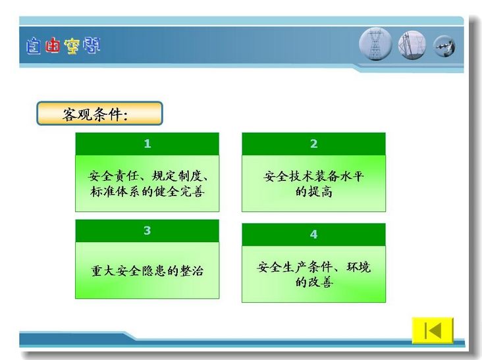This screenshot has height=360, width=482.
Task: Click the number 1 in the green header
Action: [147, 143]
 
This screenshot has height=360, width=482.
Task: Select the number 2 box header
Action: [313, 143]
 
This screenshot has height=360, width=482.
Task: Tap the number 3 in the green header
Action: [147, 230]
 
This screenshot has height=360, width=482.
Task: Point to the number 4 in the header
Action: [313, 234]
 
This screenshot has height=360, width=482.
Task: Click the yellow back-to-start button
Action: [433, 330]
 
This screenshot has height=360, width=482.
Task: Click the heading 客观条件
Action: [95, 115]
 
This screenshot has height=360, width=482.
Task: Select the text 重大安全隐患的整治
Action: [147, 270]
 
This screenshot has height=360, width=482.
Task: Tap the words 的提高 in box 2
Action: [314, 192]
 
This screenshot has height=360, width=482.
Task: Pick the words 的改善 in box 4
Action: [314, 282]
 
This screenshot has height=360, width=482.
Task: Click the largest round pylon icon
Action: [375, 44]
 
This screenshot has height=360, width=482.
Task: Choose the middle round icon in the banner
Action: [412, 45]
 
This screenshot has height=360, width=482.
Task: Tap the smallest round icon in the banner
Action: [444, 47]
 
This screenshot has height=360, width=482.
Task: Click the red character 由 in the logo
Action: [52, 45]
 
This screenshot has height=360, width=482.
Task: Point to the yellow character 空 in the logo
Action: [72, 46]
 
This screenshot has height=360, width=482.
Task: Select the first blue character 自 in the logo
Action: [33, 46]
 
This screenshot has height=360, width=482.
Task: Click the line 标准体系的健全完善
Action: [147, 192]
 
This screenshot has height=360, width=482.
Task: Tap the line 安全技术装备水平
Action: [314, 176]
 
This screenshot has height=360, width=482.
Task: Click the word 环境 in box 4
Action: [359, 267]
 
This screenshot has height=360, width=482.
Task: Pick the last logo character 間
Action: [92, 45]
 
